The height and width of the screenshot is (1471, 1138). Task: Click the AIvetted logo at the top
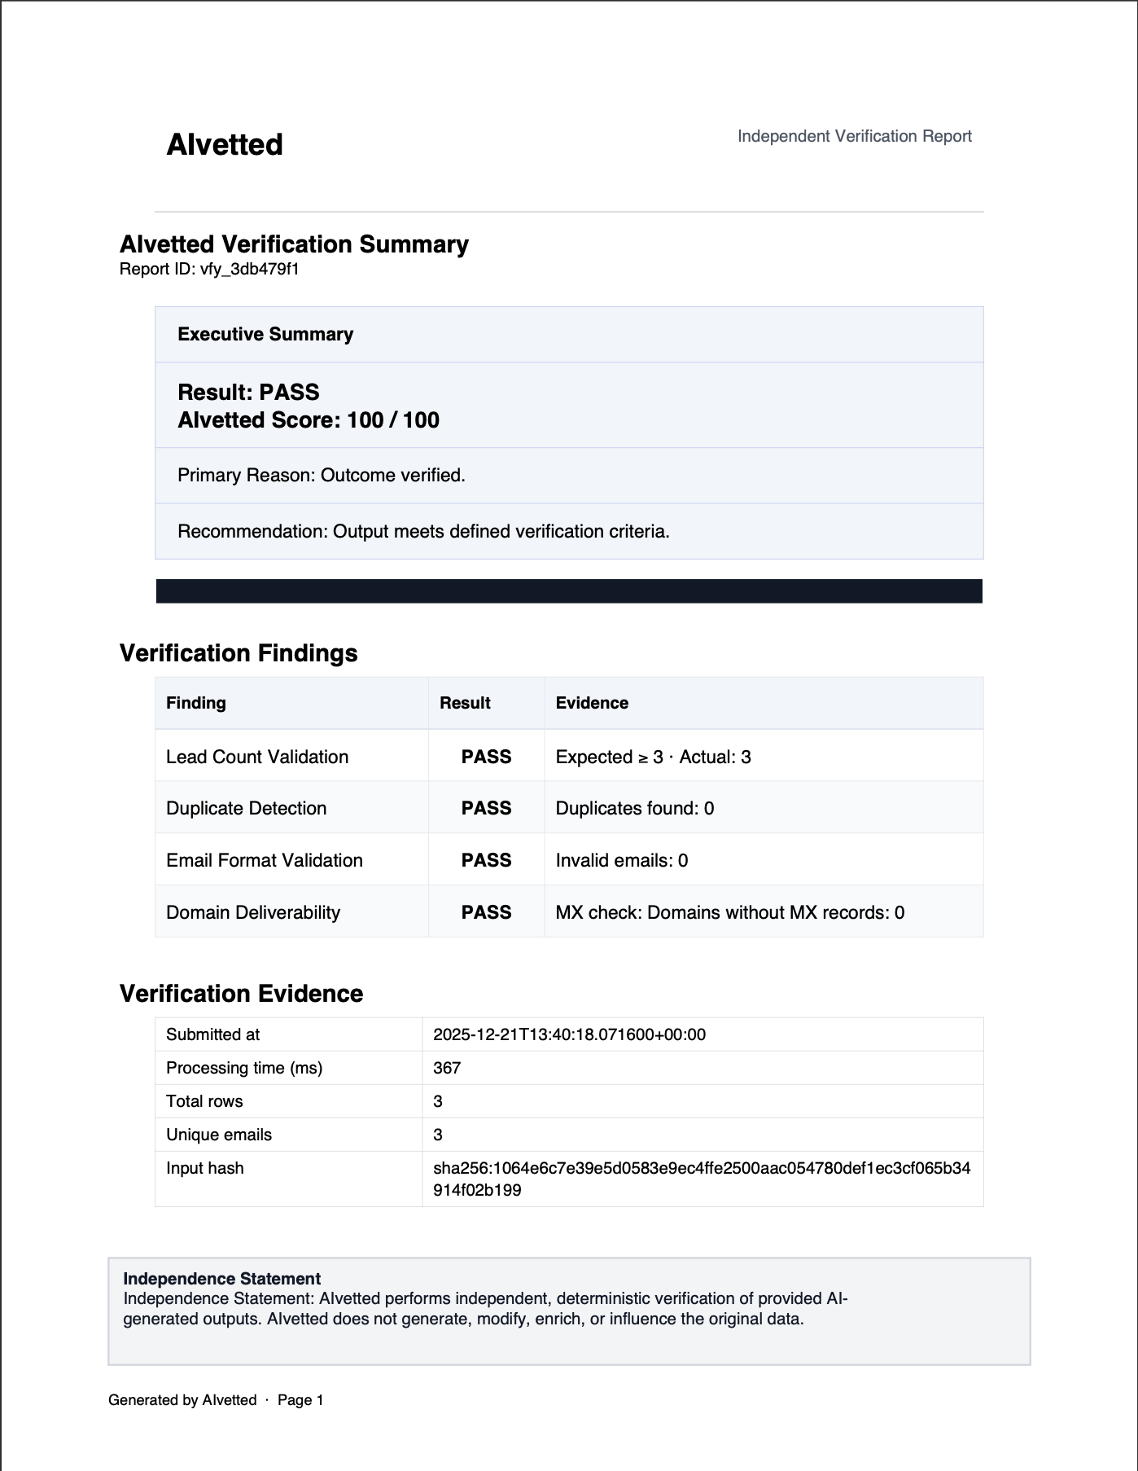coord(225,145)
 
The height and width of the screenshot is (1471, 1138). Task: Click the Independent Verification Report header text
coord(854,136)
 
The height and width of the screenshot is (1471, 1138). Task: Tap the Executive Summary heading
coord(265,334)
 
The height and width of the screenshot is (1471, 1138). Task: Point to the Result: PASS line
coord(248,392)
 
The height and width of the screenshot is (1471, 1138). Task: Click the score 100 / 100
coord(392,420)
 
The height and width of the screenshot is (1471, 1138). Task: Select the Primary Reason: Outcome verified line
coord(322,475)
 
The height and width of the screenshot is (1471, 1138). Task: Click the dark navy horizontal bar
coord(569,591)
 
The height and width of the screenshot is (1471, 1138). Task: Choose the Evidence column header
coord(592,703)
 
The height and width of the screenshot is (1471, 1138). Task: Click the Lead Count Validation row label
coord(257,757)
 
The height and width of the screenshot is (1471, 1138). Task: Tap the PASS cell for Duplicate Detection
coord(486,808)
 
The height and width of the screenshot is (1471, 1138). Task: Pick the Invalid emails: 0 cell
coord(622,860)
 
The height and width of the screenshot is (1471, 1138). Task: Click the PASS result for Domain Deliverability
coord(486,912)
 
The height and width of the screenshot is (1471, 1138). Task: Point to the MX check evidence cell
coord(729,912)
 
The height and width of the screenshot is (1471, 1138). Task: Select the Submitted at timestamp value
coord(569,1034)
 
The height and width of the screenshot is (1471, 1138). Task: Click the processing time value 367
coord(447,1068)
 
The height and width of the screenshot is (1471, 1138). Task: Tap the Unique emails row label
coord(219,1135)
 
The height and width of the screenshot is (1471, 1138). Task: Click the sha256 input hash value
coord(701,1179)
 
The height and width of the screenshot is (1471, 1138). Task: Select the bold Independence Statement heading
coord(221,1279)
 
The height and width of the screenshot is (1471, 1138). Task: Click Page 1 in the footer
coord(300,1400)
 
